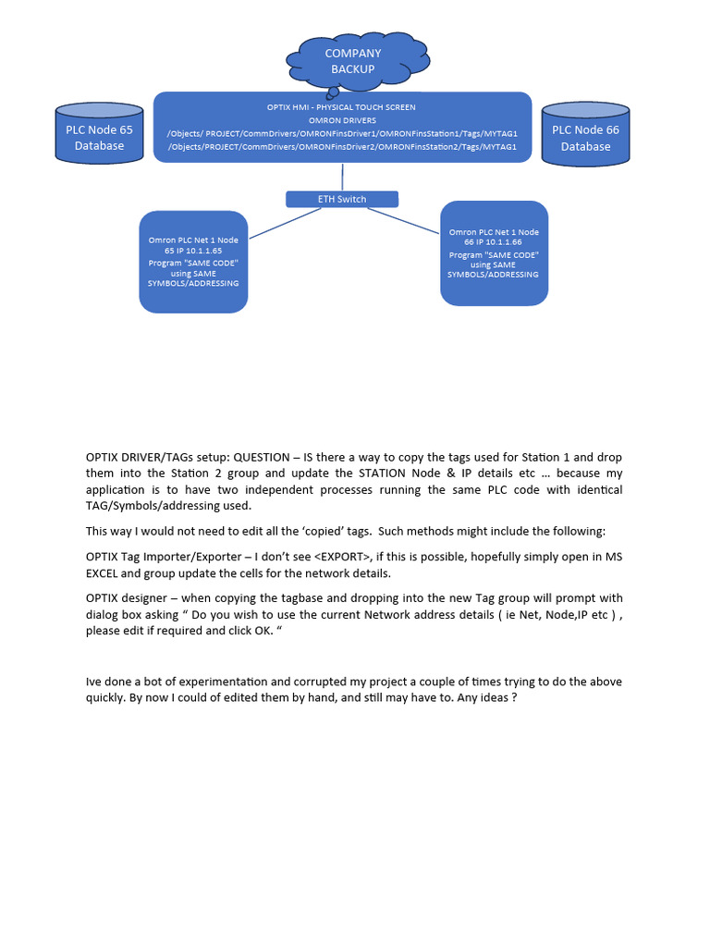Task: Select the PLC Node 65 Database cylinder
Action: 99,138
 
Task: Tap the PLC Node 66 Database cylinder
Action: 585,138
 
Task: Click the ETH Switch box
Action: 342,199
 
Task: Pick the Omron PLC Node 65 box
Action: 193,262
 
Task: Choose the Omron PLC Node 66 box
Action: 494,253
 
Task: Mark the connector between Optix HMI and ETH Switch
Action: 342,177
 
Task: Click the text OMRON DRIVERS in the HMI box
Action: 342,120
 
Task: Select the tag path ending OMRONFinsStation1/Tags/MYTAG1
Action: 342,133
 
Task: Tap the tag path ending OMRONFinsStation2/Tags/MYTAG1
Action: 342,146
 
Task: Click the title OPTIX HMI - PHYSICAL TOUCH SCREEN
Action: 342,107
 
